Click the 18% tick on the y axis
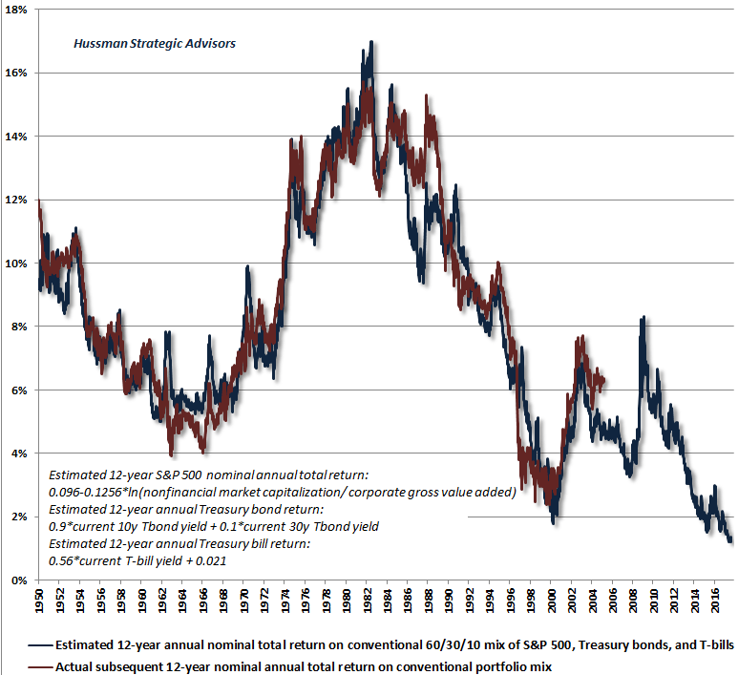(18, 9)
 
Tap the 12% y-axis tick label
(18, 200)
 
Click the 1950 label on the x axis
(39, 601)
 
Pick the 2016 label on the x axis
(715, 601)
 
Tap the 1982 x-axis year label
(367, 601)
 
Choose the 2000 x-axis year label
(552, 601)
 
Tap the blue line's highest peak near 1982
(370, 42)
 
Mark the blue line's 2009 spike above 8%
(643, 318)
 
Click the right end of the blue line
(731, 540)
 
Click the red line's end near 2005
(604, 381)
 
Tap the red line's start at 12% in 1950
(38, 200)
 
